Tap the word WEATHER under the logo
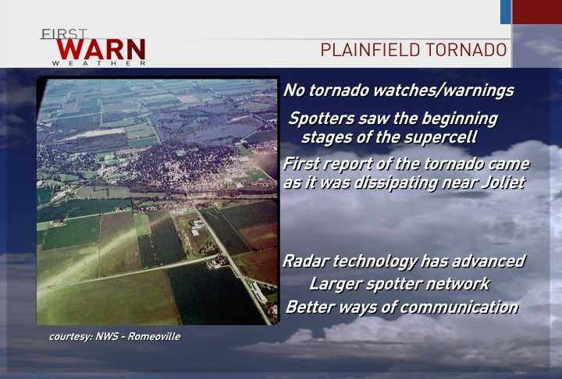(x=99, y=62)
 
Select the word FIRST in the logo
(x=64, y=34)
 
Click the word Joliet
(x=500, y=183)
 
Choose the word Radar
(x=305, y=261)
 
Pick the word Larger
(x=335, y=284)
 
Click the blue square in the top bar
(x=506, y=12)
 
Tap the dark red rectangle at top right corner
(x=537, y=12)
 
